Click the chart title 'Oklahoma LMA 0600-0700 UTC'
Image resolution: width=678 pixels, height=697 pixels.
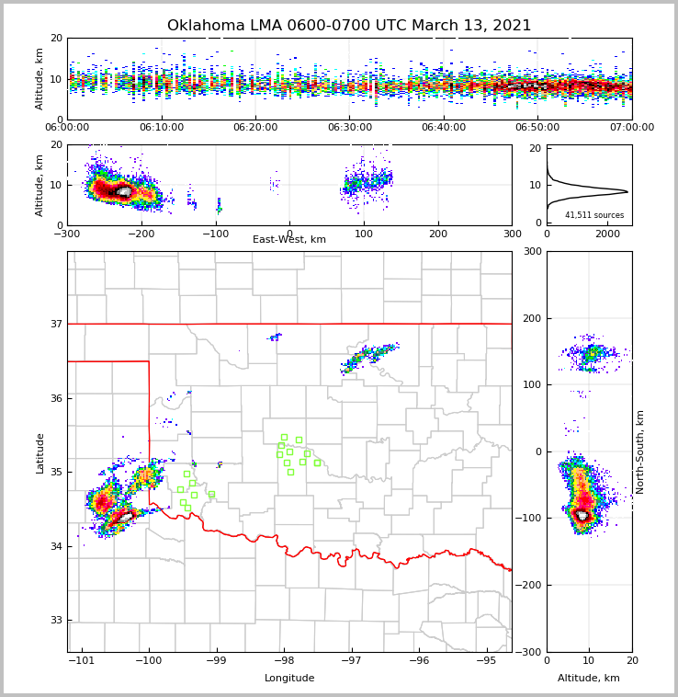[x=349, y=26]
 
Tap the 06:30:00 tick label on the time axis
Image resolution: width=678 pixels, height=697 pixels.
[x=349, y=128]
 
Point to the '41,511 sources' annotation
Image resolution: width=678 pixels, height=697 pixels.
[x=594, y=215]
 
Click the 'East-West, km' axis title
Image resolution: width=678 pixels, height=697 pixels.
[x=289, y=240]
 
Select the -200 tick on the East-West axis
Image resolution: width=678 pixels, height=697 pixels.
[x=141, y=234]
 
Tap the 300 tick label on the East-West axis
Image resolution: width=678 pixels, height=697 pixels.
[x=512, y=234]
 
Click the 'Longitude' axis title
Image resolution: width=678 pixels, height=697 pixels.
[x=289, y=679]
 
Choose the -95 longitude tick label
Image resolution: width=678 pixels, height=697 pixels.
[x=486, y=661]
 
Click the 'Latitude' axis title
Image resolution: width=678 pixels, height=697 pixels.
[x=40, y=452]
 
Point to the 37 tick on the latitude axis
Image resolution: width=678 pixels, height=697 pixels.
[x=56, y=324]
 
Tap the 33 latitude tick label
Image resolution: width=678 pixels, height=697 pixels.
[x=56, y=621]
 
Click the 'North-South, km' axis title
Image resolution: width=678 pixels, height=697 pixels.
[x=640, y=451]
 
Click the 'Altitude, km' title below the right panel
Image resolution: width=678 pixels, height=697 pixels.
[x=589, y=679]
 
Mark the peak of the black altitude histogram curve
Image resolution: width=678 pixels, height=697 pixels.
[x=627, y=192]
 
